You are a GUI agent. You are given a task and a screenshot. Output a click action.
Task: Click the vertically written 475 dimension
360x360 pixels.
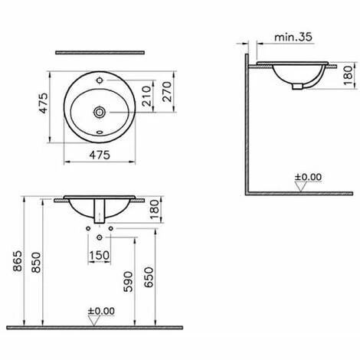tap(44, 112)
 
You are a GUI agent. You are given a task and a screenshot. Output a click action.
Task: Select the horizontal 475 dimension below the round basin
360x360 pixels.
tap(100, 155)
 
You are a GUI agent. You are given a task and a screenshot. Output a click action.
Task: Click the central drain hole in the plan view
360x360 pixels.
tap(100, 112)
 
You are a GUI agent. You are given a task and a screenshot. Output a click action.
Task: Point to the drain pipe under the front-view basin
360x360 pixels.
tap(100, 211)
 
